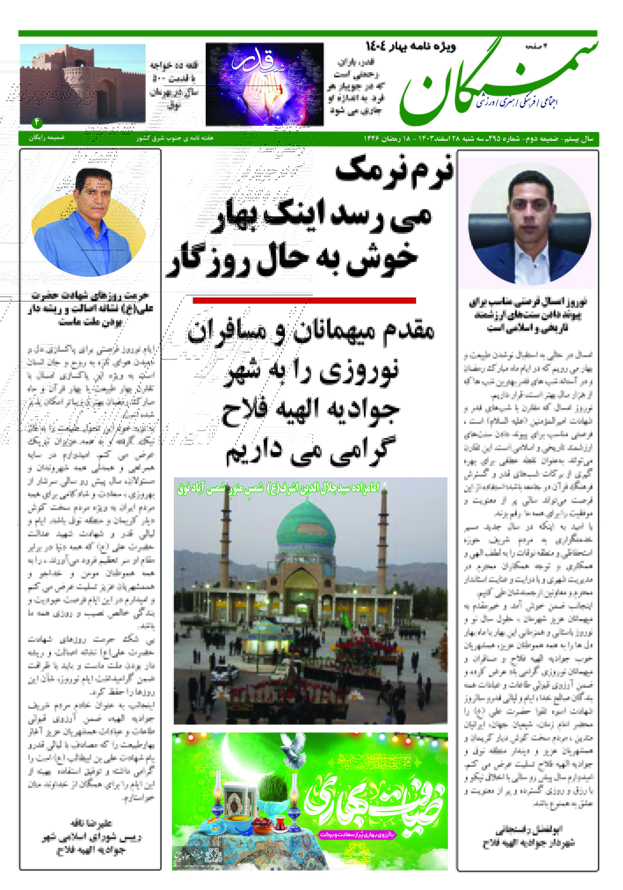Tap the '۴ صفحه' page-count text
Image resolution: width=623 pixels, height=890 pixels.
(536, 46)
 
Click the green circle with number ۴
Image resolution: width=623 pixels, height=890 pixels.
(37, 122)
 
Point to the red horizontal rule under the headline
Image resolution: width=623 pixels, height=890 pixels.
(304, 300)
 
